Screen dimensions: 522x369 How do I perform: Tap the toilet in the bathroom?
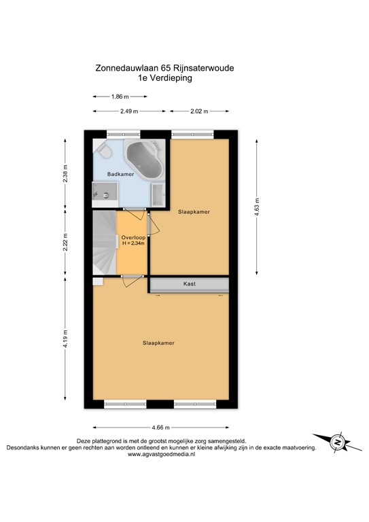tap(103, 149)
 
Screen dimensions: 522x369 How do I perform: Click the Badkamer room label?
tap(120, 175)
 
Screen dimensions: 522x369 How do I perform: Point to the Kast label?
tap(189, 283)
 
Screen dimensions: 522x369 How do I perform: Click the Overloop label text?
tap(133, 237)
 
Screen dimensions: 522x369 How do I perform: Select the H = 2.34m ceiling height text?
tap(133, 244)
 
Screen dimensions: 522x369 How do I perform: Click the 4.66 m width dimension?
tap(161, 427)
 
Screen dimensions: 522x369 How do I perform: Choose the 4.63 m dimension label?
tap(256, 205)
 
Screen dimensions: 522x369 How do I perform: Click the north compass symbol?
tap(337, 442)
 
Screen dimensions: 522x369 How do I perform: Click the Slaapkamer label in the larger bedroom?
tap(158, 343)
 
